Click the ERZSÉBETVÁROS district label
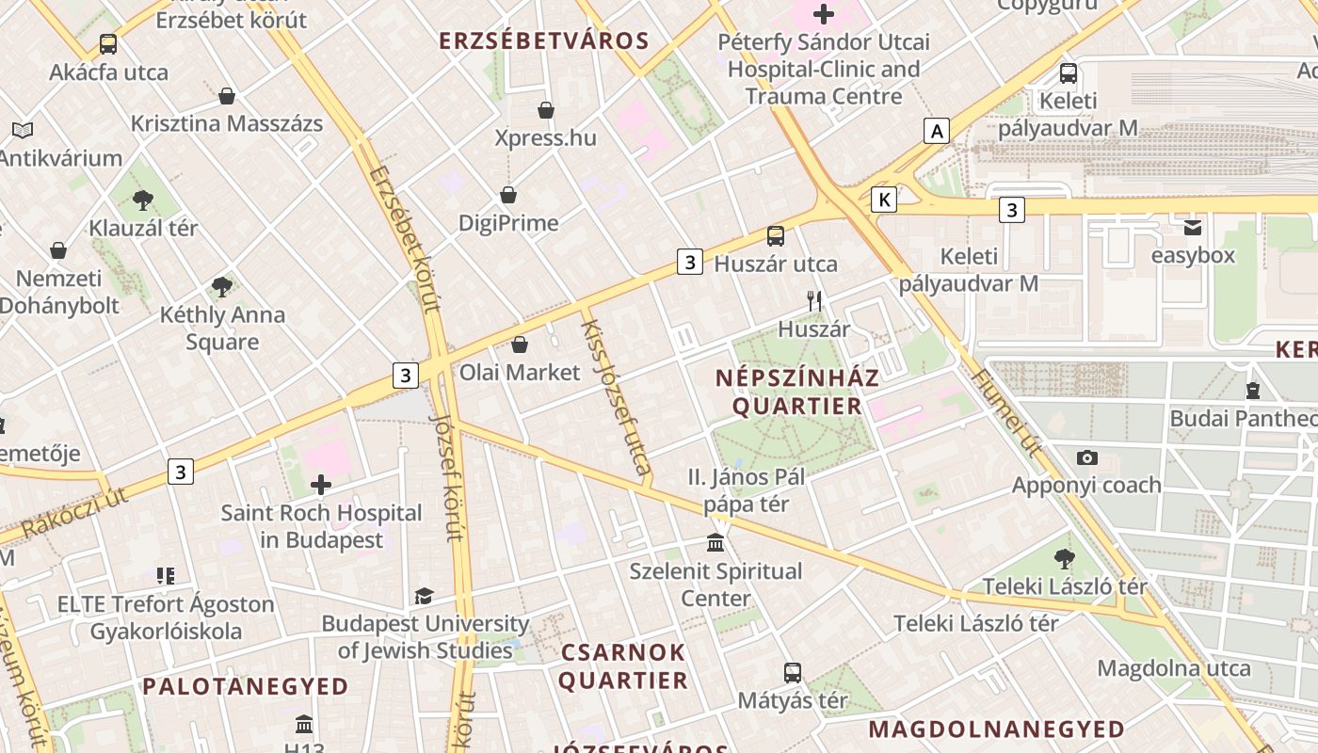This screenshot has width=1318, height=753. tap(544, 40)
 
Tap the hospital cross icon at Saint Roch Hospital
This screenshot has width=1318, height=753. tap(321, 485)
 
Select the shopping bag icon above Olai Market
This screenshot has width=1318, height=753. tap(520, 345)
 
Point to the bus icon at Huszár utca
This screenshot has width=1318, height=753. tap(776, 236)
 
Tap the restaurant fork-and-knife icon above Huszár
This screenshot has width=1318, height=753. tap(814, 301)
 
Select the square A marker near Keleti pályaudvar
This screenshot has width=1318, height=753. tap(936, 131)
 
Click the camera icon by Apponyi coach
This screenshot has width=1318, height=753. tap(1087, 458)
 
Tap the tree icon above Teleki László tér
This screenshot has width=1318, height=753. tap(1065, 559)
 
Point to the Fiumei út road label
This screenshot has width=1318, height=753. tap(1005, 412)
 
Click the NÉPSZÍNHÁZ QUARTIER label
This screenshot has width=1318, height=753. tap(797, 392)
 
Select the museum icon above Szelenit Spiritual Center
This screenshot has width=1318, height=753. tap(715, 543)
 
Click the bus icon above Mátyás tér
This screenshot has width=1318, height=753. tap(793, 673)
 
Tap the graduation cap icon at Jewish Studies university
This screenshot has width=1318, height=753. tap(424, 596)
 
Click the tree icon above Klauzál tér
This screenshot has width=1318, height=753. tap(143, 200)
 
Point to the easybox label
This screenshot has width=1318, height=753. tap(1193, 255)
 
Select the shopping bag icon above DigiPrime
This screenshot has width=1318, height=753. tap(508, 195)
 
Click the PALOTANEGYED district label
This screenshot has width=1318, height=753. tap(246, 686)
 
